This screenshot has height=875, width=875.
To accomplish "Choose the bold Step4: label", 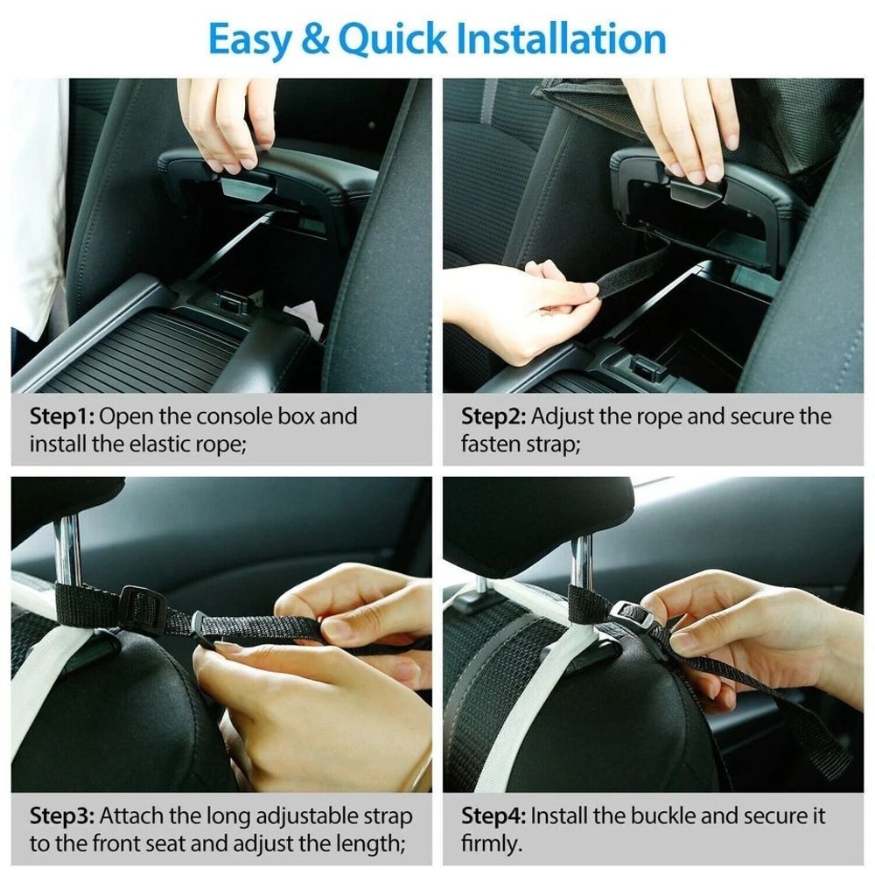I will pos(493,817).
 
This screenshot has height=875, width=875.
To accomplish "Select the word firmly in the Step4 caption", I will pos(490,844).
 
